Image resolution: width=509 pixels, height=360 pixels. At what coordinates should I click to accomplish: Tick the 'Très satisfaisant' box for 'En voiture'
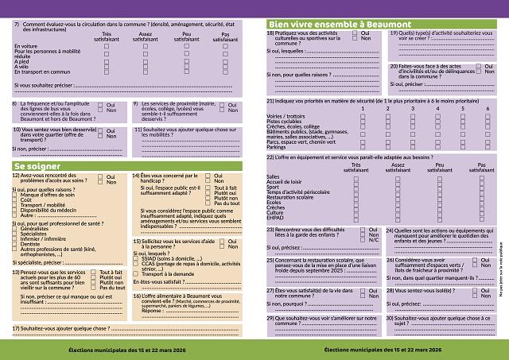(x=107, y=47)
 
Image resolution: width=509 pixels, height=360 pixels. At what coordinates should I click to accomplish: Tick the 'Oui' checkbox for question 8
(x=101, y=104)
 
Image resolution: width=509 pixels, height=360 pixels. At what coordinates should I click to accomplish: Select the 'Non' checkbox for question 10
(x=101, y=135)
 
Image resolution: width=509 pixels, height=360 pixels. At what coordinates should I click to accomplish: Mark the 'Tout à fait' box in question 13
(x=95, y=272)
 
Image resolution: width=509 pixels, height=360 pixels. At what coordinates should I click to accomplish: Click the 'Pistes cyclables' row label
(x=284, y=122)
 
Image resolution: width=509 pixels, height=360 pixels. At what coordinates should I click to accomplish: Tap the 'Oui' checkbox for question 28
(x=476, y=291)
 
